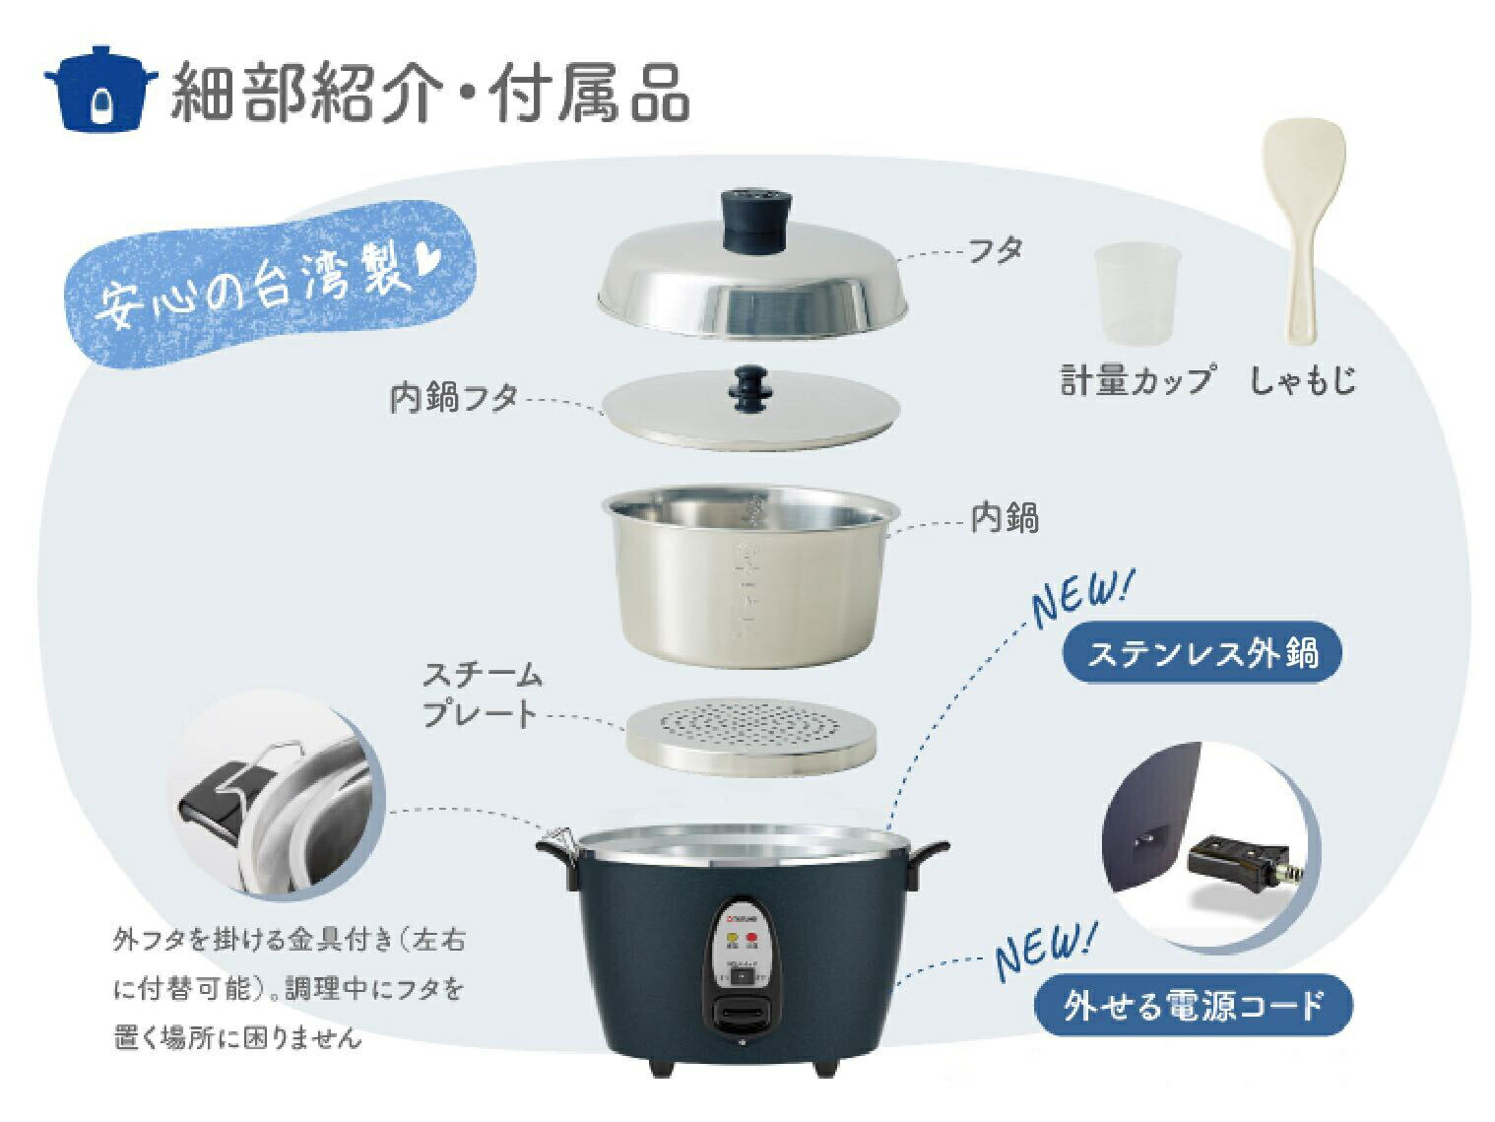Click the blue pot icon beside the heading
tap(99, 89)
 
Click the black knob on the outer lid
tap(752, 221)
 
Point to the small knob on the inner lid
tap(749, 390)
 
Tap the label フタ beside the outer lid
tap(995, 250)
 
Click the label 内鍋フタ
tap(454, 399)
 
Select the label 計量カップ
tap(1137, 379)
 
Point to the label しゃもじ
tap(1303, 379)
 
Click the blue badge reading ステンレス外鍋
tap(1202, 653)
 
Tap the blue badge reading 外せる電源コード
tap(1193, 1006)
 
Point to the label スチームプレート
tap(482, 695)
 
